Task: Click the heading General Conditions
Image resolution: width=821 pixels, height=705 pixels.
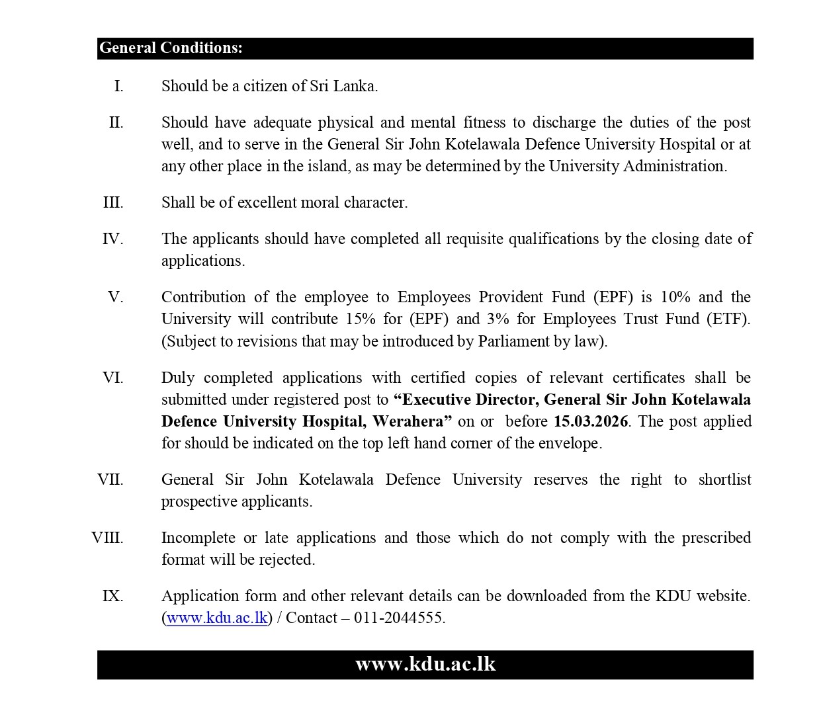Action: (x=171, y=48)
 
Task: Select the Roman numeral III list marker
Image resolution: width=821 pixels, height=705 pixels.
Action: (x=113, y=202)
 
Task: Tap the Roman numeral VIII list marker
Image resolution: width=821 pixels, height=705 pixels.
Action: (x=107, y=538)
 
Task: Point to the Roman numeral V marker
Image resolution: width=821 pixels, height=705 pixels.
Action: (x=116, y=297)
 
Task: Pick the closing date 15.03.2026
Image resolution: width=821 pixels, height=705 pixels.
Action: (x=590, y=421)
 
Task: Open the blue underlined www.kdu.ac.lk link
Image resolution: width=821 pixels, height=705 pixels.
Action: (x=217, y=618)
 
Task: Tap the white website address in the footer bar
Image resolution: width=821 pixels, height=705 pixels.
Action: (x=425, y=664)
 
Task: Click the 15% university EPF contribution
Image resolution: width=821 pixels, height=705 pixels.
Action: (x=360, y=319)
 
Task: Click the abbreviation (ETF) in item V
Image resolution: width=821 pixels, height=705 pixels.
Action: (x=727, y=319)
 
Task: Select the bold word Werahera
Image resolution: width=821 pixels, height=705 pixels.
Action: (x=411, y=421)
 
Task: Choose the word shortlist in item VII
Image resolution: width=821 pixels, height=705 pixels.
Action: (x=724, y=479)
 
